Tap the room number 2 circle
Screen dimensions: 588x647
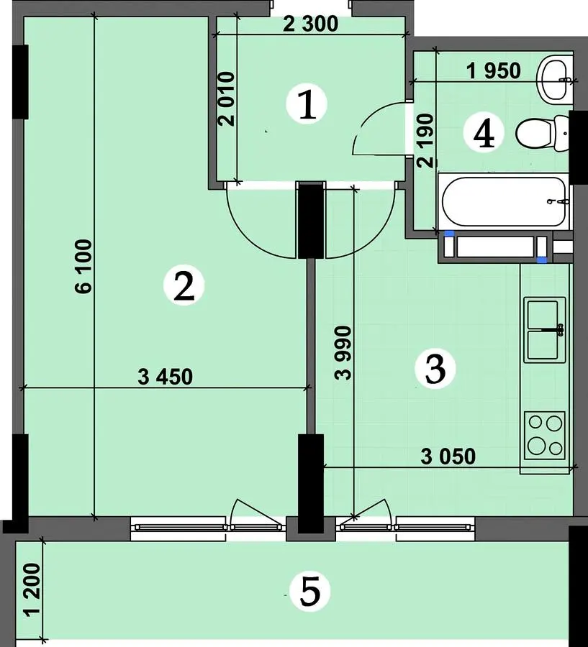[184, 285]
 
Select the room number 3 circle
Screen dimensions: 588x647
[435, 369]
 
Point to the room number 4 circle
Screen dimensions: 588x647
[484, 133]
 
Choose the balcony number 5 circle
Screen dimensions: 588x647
[310, 592]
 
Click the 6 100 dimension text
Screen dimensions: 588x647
[84, 267]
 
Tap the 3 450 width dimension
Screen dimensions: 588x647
[166, 377]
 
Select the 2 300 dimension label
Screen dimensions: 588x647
[311, 24]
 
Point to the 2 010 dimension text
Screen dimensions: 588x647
[227, 99]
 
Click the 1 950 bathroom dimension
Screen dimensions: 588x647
[494, 71]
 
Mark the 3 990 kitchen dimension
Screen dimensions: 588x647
[343, 353]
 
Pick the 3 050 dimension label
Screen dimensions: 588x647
[448, 456]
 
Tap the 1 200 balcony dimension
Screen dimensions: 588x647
[32, 589]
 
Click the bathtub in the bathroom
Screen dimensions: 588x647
[504, 202]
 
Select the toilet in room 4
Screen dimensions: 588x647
[542, 133]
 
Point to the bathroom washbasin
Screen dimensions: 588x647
[554, 80]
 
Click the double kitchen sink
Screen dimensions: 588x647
[545, 330]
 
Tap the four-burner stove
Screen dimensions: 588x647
[545, 436]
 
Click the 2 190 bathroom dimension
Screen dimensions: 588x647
[426, 140]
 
